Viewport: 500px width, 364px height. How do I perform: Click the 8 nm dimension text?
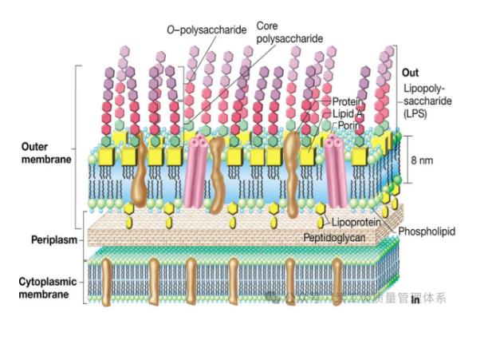point(422,160)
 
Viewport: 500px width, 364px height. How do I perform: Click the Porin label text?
point(345,125)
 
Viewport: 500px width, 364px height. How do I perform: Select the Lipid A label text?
point(347,113)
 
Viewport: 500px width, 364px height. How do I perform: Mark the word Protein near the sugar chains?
point(348,102)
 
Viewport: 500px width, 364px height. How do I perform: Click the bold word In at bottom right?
point(415,302)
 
